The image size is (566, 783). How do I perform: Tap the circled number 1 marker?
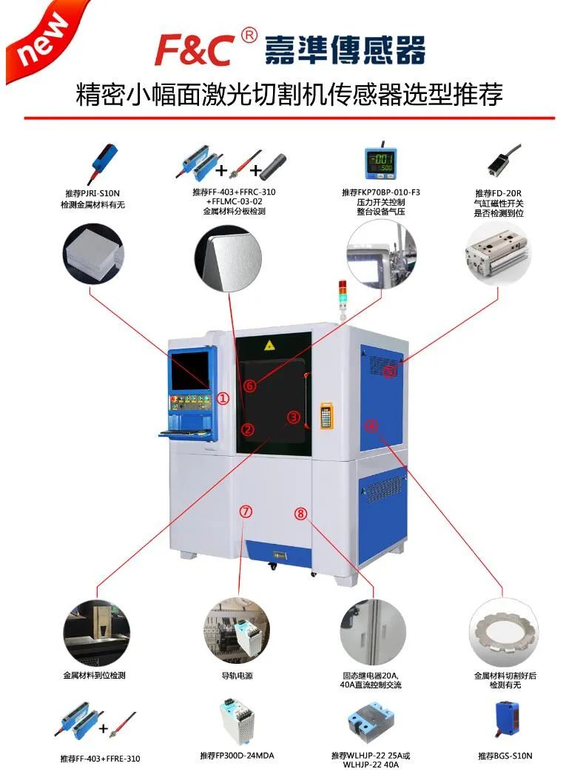click(x=223, y=398)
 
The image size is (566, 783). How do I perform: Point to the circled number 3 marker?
click(x=294, y=417)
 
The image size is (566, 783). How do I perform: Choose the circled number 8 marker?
click(x=300, y=513)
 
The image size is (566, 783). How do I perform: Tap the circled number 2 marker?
click(x=248, y=429)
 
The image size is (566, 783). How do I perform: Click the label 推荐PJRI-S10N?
click(x=92, y=192)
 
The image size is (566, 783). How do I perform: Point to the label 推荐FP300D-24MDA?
click(x=237, y=756)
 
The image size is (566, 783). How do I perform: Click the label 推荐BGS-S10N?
click(x=505, y=756)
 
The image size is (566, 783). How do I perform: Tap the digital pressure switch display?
click(x=382, y=161)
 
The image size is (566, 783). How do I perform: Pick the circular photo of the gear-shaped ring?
click(x=504, y=633)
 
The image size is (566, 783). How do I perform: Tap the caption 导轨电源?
click(x=237, y=676)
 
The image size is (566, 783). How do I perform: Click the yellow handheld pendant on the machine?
click(x=326, y=415)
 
